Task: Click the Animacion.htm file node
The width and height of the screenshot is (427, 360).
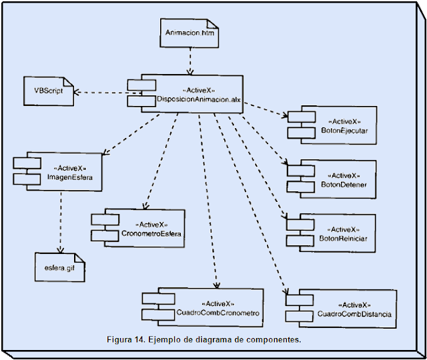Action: pyautogui.click(x=190, y=33)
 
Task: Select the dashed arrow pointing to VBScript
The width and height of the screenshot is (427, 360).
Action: pyautogui.click(x=100, y=92)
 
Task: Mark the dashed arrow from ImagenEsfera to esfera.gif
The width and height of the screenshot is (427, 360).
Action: pyautogui.click(x=61, y=220)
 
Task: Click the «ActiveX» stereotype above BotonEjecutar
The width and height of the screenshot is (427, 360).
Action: pyautogui.click(x=345, y=122)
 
